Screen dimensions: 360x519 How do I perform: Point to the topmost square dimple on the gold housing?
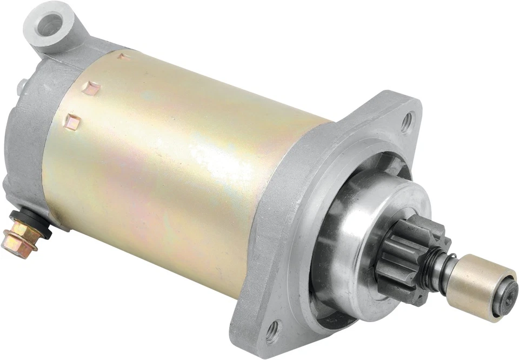(x=123, y=56)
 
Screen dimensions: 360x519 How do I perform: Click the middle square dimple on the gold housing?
(x=91, y=88)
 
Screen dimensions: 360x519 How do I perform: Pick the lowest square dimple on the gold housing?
(x=73, y=122)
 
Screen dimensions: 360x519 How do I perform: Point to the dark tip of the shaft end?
(x=508, y=295)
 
